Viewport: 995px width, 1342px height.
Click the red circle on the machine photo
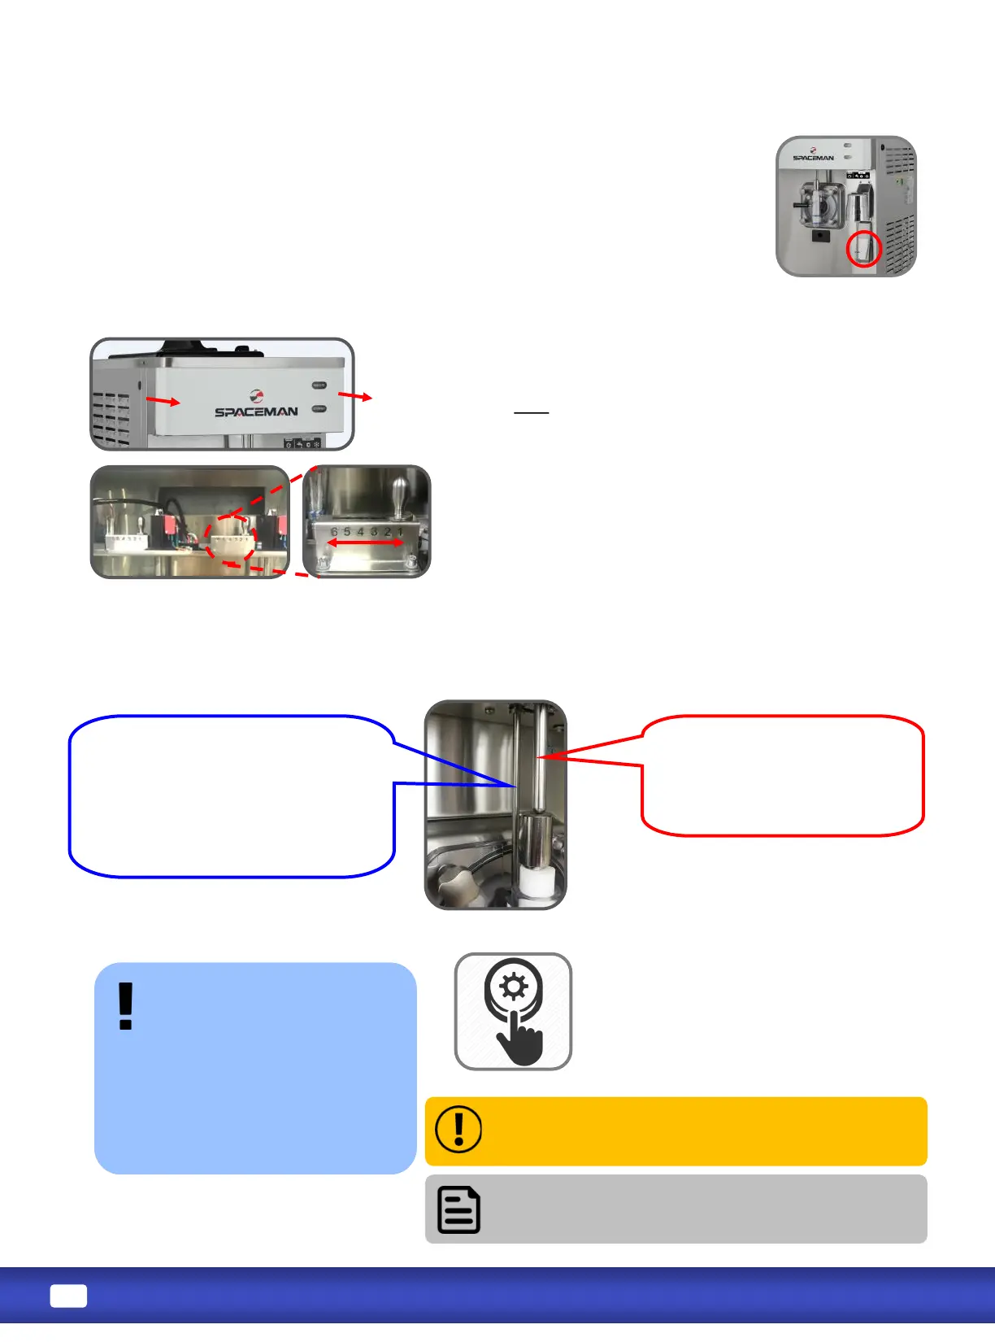pos(863,249)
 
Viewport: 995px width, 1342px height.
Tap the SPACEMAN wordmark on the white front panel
pos(256,412)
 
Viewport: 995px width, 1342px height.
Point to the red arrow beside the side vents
pos(163,400)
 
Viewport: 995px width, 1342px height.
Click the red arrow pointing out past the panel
pos(355,396)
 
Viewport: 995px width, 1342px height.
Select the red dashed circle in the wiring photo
pos(230,539)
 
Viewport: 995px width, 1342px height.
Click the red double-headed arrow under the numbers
pos(364,542)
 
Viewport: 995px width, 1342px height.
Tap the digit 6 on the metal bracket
pos(334,531)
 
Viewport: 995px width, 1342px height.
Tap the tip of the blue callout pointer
pos(515,786)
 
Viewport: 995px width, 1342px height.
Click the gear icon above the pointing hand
pos(514,987)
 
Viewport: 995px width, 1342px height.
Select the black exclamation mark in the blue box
pos(125,1006)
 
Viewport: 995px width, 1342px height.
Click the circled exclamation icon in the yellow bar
pos(458,1129)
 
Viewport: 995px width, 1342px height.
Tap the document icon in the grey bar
pos(458,1209)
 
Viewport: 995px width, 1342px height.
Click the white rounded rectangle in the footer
pos(68,1296)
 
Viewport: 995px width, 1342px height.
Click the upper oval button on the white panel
pos(319,386)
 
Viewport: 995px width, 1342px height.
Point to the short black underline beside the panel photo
pos(532,413)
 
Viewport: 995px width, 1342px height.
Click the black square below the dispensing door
pos(820,236)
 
